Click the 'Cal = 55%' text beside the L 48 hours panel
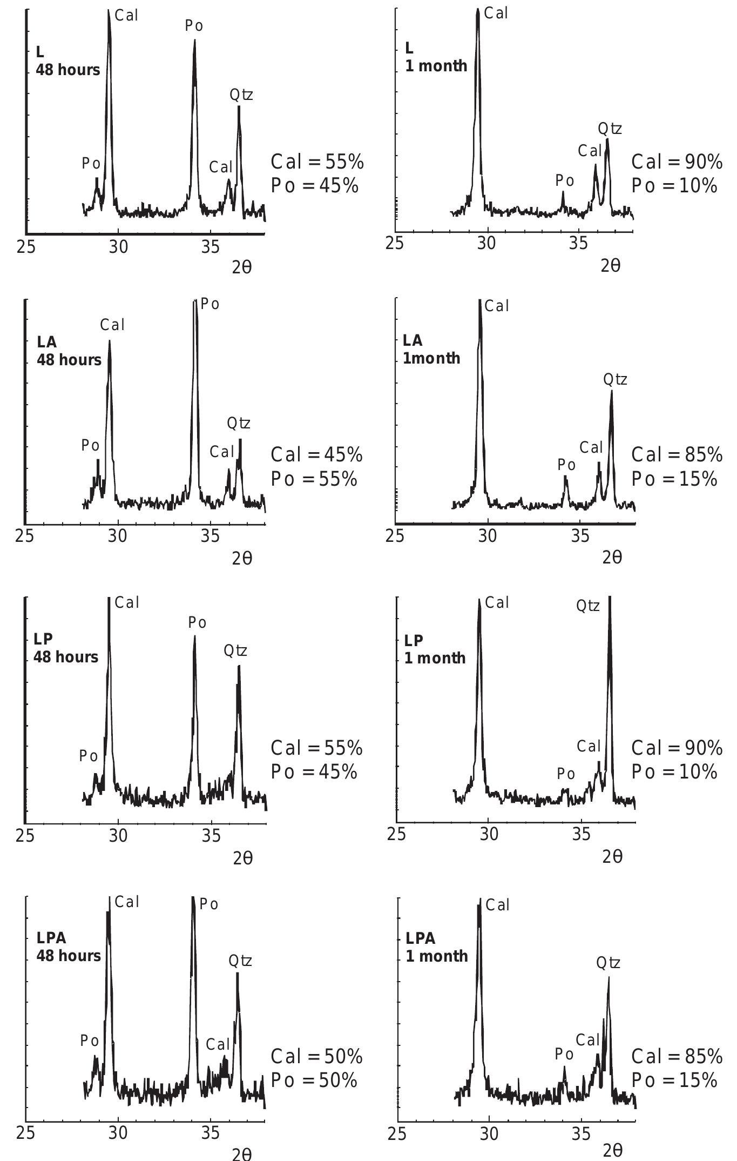[x=317, y=162]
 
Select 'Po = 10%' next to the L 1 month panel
[x=674, y=185]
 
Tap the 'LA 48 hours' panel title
[x=69, y=351]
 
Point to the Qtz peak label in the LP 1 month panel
[x=588, y=606]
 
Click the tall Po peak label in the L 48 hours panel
[x=194, y=26]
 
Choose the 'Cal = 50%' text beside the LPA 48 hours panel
[x=316, y=1056]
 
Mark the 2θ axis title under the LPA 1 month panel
[x=612, y=1151]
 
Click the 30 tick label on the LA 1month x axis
[x=488, y=536]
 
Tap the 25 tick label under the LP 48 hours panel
[x=25, y=836]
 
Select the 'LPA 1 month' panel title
[x=436, y=947]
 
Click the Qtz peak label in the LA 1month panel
[x=615, y=380]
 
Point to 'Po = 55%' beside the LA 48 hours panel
[x=314, y=479]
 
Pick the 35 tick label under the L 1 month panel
[x=578, y=244]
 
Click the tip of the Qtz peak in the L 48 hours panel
[x=239, y=107]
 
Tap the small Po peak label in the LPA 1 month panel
[x=564, y=1053]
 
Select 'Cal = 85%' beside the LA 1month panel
[x=677, y=455]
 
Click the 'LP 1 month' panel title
[x=435, y=649]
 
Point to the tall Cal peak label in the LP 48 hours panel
[x=127, y=602]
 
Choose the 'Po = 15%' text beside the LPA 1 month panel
[x=674, y=1080]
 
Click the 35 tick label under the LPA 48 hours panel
[x=210, y=1132]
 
